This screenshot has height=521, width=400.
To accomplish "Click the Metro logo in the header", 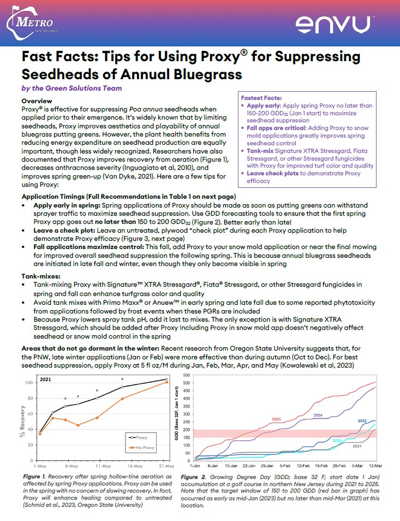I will (x=34, y=23).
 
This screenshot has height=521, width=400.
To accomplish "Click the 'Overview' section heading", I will (x=37, y=101).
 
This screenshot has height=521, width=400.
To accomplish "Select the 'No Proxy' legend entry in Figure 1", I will (x=143, y=448).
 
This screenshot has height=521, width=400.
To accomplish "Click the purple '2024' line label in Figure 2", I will (x=318, y=416).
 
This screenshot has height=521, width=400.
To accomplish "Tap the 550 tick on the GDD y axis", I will (x=188, y=375).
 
